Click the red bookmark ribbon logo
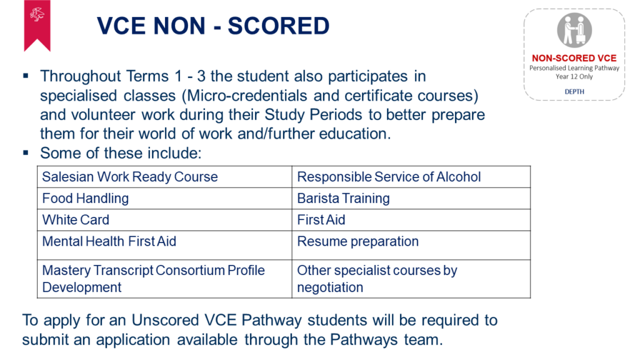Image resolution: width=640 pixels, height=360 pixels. click(37, 25)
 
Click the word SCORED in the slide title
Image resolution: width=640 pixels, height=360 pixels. click(278, 26)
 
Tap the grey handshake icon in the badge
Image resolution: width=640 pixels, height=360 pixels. click(574, 30)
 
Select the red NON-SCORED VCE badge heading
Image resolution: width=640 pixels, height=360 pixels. click(574, 58)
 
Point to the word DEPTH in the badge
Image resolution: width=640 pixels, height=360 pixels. click(574, 92)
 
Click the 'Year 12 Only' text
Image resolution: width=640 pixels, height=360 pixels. click(574, 77)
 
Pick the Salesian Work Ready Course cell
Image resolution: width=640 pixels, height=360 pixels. click(164, 177)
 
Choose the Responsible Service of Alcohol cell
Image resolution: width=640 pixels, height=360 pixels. click(411, 177)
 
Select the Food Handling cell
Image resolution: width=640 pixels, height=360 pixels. click(164, 198)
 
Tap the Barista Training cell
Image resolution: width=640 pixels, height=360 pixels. click(411, 198)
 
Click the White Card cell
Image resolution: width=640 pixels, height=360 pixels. click(164, 220)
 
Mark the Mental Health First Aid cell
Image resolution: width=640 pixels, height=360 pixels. click(164, 245)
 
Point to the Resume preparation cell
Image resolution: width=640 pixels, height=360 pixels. click(411, 245)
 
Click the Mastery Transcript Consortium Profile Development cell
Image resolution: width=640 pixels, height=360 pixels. click(164, 279)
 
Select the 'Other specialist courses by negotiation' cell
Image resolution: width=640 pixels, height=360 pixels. click(411, 279)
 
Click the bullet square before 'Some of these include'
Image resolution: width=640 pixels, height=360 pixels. click(26, 152)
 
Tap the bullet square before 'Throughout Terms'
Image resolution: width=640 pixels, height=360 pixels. click(26, 76)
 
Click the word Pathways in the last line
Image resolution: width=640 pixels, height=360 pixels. click(364, 339)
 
